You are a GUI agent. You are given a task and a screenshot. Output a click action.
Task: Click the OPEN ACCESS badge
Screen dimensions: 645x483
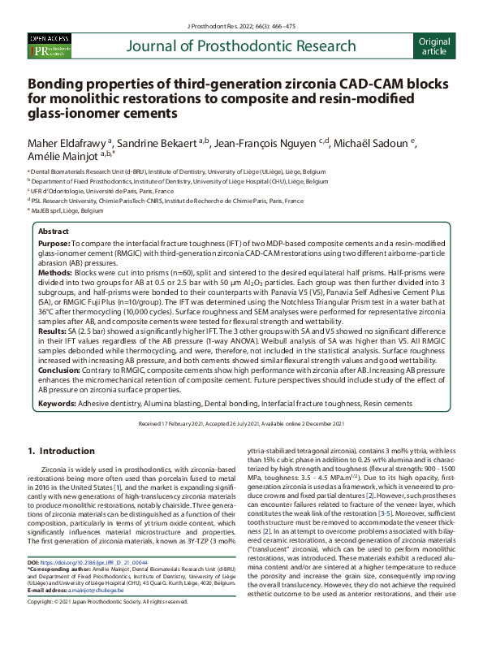(x=50, y=38)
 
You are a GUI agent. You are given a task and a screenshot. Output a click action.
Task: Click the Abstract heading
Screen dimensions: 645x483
(x=54, y=232)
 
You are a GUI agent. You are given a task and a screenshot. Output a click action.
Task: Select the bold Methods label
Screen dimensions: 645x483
(x=56, y=275)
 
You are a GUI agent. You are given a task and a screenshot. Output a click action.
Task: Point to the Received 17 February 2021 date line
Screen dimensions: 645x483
(x=240, y=423)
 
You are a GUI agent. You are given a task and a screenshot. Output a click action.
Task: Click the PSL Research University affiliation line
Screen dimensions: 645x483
(x=166, y=199)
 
